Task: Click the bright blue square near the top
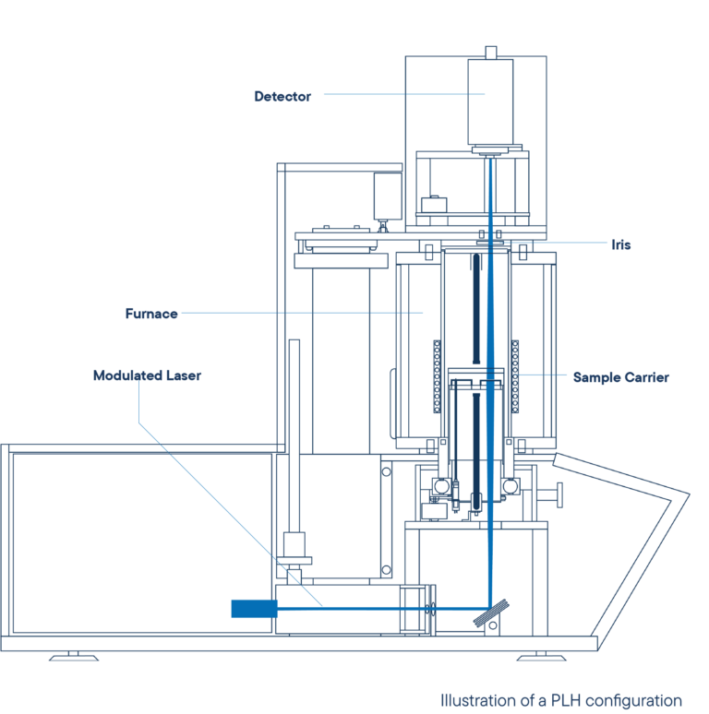pyautogui.click(x=363, y=127)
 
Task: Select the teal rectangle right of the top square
pyautogui.click(x=489, y=119)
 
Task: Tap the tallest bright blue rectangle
pyautogui.click(x=220, y=542)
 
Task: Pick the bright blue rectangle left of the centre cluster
pyautogui.click(x=228, y=341)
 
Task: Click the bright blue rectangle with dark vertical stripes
pyautogui.click(x=546, y=404)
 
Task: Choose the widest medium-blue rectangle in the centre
pyautogui.click(x=341, y=383)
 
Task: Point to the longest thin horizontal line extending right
pyautogui.click(x=554, y=243)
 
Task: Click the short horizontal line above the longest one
pyautogui.click(x=519, y=227)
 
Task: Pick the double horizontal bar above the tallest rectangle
pyautogui.click(x=218, y=447)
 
